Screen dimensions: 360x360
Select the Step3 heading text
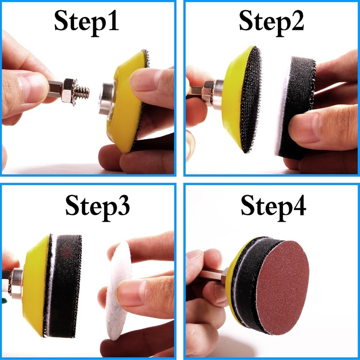(97, 207)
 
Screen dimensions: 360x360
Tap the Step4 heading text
(273, 206)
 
